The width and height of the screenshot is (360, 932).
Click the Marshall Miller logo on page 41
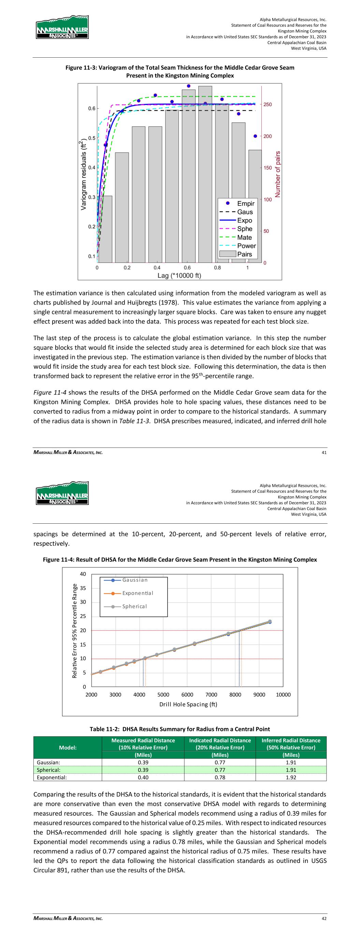[x=62, y=27]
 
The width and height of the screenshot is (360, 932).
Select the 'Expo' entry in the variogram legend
[x=245, y=220]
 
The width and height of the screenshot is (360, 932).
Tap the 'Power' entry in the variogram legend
[x=246, y=246]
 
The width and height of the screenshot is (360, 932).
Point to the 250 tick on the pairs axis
[x=268, y=104]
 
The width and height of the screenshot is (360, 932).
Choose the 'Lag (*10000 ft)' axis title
[x=179, y=276]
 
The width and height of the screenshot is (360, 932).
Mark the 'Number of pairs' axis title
[x=278, y=174]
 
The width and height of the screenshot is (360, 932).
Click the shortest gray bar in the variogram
[x=105, y=229]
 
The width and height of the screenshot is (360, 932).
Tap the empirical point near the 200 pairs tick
[x=255, y=136]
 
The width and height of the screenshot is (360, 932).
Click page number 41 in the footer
[x=324, y=452]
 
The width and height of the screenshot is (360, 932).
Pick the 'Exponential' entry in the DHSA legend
[x=138, y=593]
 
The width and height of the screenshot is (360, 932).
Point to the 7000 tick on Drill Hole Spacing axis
[x=211, y=694]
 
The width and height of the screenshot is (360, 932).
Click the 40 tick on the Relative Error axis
[x=83, y=574]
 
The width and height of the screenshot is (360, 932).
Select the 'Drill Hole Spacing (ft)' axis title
[x=188, y=704]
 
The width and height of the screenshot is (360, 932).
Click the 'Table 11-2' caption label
[x=105, y=729]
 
